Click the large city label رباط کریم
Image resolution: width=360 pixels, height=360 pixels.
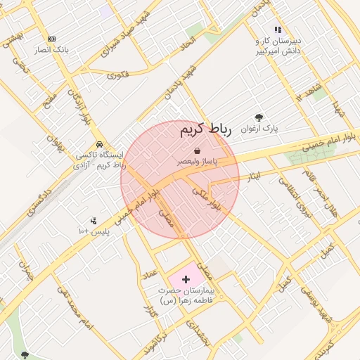point(206,130)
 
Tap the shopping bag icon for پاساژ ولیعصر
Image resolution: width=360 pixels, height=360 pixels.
point(196,150)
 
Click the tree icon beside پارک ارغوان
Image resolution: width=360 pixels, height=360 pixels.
point(259,118)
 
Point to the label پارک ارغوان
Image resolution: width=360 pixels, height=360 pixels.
point(260,129)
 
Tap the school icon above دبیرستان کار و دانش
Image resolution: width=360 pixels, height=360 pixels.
point(278,30)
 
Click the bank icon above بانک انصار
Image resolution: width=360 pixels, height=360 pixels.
point(51,39)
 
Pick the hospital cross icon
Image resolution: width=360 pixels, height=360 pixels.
point(186,279)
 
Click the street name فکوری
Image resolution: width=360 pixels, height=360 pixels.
point(120,74)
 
